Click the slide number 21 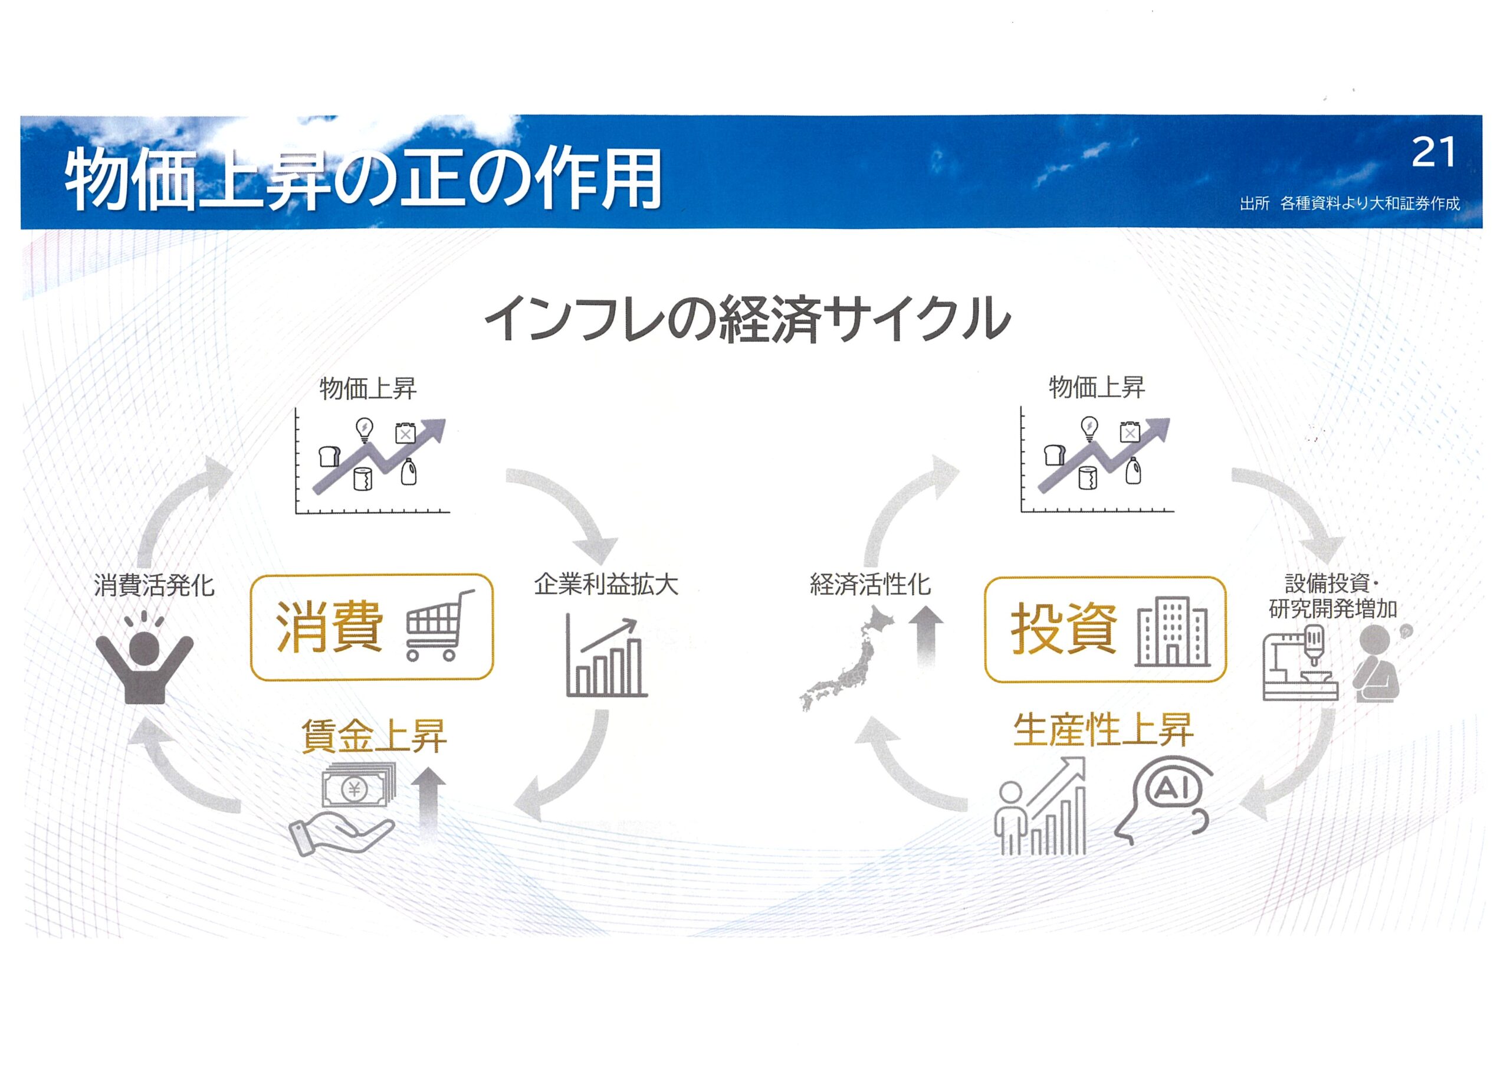pos(1433,153)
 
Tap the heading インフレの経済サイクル pos(747,320)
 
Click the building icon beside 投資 pos(1172,632)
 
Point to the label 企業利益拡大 pos(605,584)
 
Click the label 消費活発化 pos(154,585)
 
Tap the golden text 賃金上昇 pos(373,735)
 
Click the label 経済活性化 pos(870,584)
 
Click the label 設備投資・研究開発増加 pos(1332,596)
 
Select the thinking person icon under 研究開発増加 pos(1377,663)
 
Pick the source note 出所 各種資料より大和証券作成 pos(1350,204)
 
